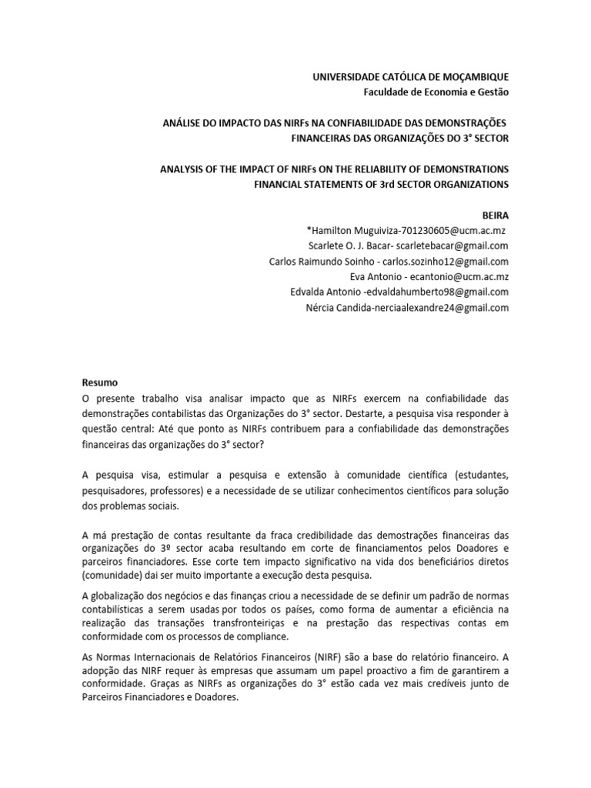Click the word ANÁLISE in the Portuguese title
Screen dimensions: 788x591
point(181,123)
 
